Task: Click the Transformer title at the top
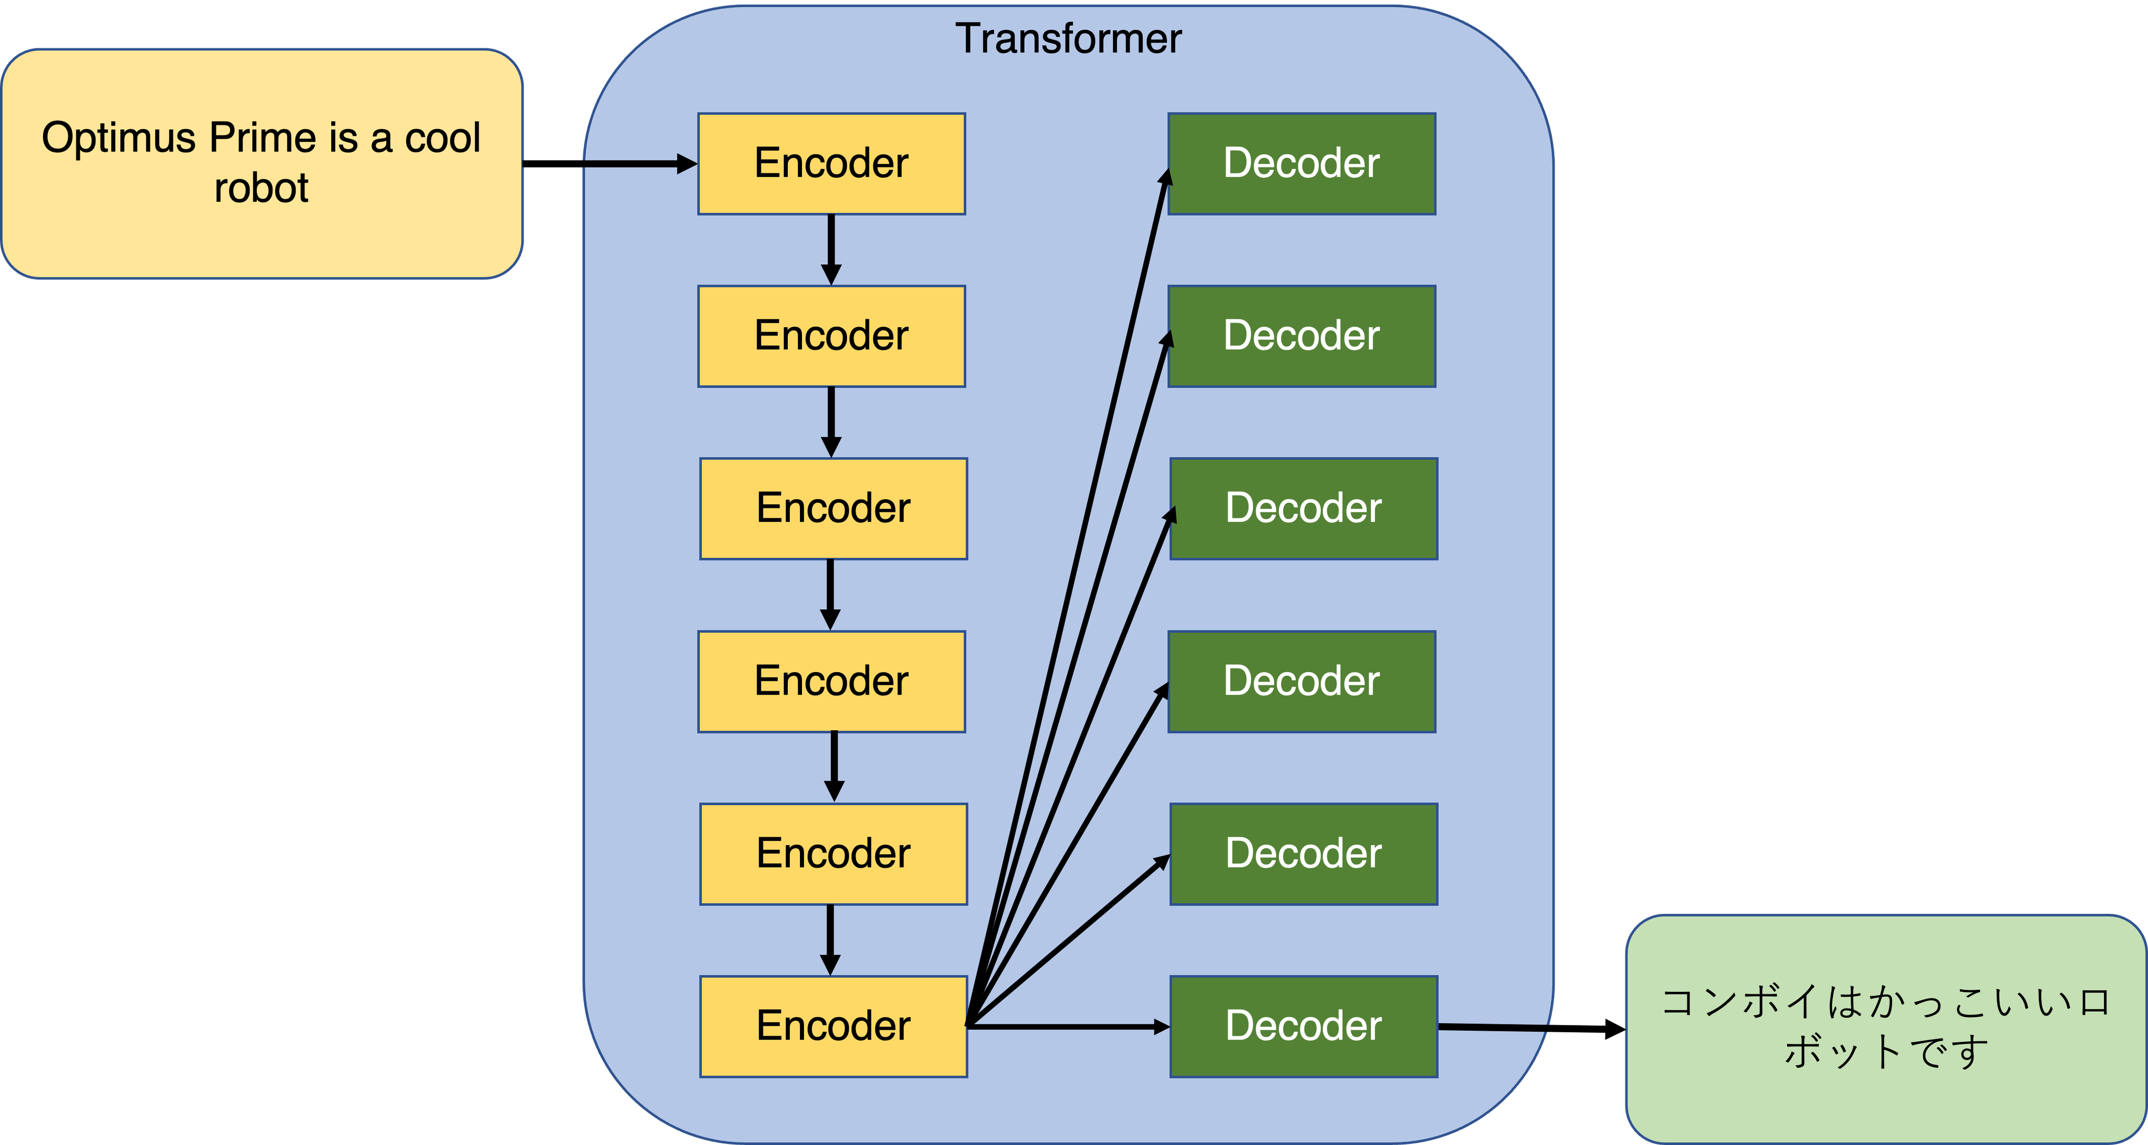[x=1068, y=39]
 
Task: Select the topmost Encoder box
[x=831, y=164]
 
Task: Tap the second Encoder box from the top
[x=831, y=336]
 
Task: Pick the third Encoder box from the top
[x=833, y=508]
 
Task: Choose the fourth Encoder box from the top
[x=831, y=682]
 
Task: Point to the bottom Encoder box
[x=833, y=1026]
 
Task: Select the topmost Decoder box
[x=1301, y=164]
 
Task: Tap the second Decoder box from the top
[x=1301, y=336]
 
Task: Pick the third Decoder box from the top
[x=1303, y=508]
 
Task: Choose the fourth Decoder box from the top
[x=1301, y=682]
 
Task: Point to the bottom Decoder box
[x=1303, y=1026]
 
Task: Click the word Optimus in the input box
[x=118, y=138]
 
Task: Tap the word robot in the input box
[x=261, y=188]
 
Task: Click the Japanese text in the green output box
[x=1885, y=1027]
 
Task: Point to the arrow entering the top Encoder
[x=638, y=164]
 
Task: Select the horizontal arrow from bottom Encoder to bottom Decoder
[x=1067, y=1027]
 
